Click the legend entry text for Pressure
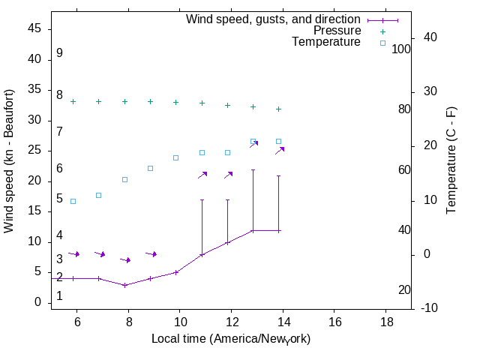tap(337, 31)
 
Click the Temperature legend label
tap(326, 43)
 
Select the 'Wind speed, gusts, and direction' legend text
tap(273, 19)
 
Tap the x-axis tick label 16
tap(334, 322)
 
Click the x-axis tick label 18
tap(385, 322)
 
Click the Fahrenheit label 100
tap(401, 49)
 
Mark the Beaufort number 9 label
tap(59, 53)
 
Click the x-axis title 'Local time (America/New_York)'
tap(231, 339)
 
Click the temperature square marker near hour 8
tap(125, 179)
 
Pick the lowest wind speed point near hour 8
tap(125, 285)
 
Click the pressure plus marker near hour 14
tap(279, 109)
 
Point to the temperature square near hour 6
tap(73, 201)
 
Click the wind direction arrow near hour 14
tap(280, 151)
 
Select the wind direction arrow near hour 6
tap(73, 253)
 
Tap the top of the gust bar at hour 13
tap(253, 169)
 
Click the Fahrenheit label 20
tap(403, 290)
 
